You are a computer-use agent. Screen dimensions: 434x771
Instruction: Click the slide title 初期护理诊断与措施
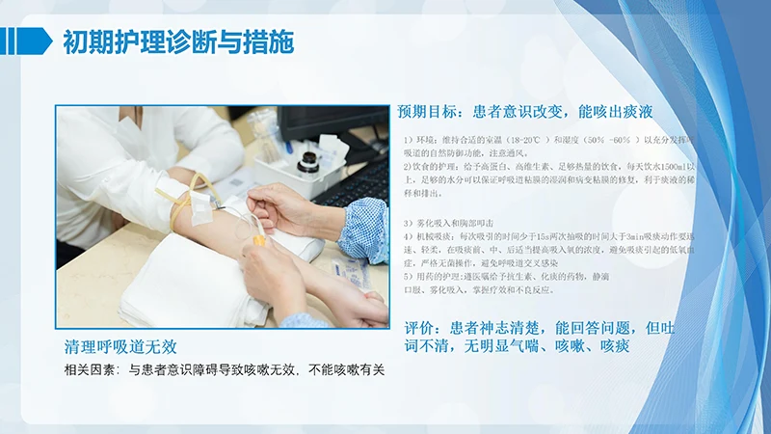click(178, 42)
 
